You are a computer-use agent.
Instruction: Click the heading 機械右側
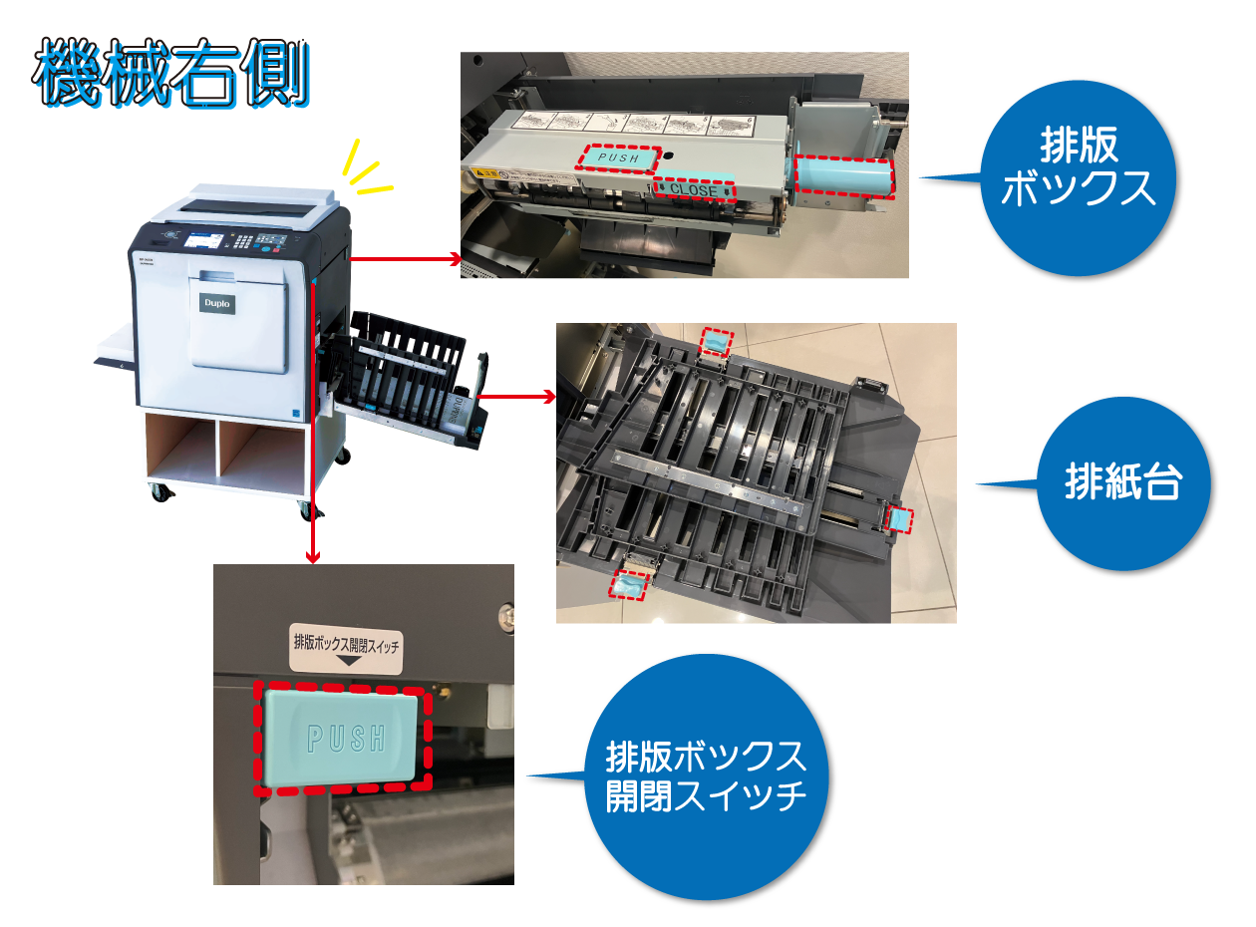[169, 75]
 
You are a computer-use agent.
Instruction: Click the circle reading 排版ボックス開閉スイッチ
[706, 777]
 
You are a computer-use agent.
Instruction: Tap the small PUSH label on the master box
[618, 156]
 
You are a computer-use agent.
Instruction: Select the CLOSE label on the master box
[694, 188]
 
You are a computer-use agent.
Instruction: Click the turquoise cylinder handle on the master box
[843, 175]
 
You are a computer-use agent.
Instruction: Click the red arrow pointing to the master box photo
[455, 259]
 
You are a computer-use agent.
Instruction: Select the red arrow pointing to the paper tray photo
[548, 397]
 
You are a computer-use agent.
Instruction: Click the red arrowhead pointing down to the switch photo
[314, 556]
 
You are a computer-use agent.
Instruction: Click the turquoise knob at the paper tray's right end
[900, 519]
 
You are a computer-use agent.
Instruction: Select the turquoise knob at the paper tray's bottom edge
[630, 586]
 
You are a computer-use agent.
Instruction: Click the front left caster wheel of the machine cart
[159, 491]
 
